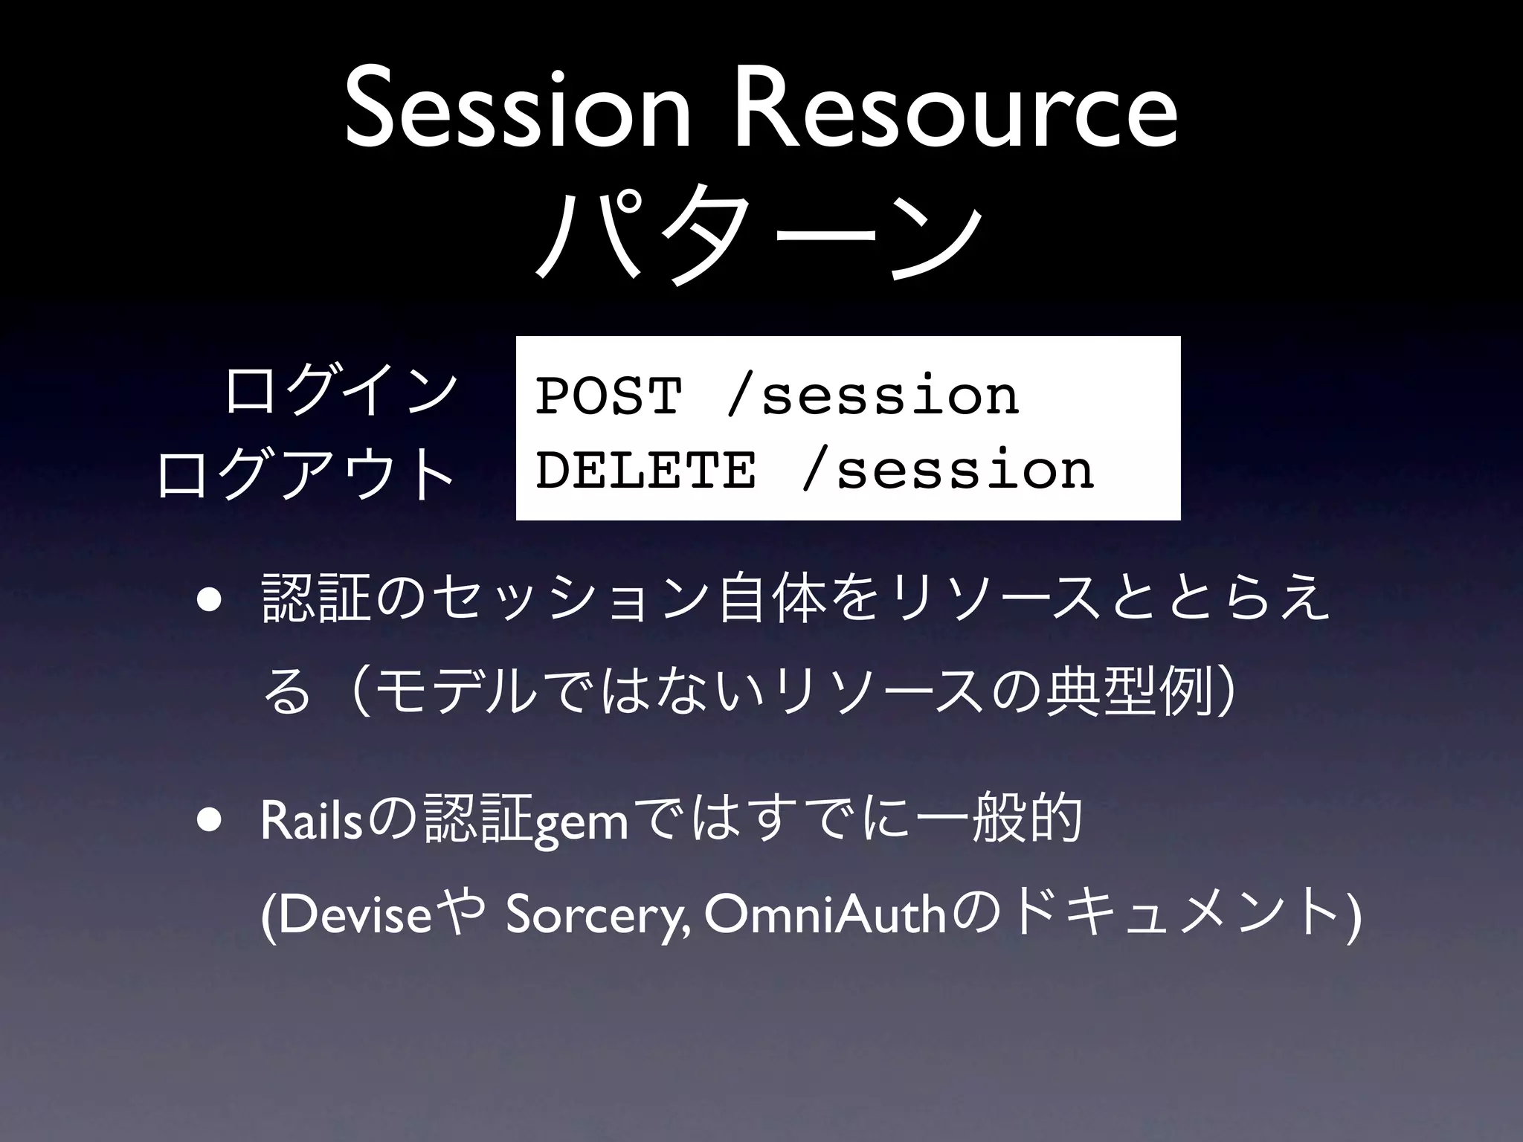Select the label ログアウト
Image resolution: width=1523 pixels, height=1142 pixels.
point(306,471)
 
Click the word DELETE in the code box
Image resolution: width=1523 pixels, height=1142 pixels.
point(645,470)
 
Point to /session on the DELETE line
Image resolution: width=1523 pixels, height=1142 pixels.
point(948,470)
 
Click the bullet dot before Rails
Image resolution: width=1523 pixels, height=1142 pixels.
point(209,820)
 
